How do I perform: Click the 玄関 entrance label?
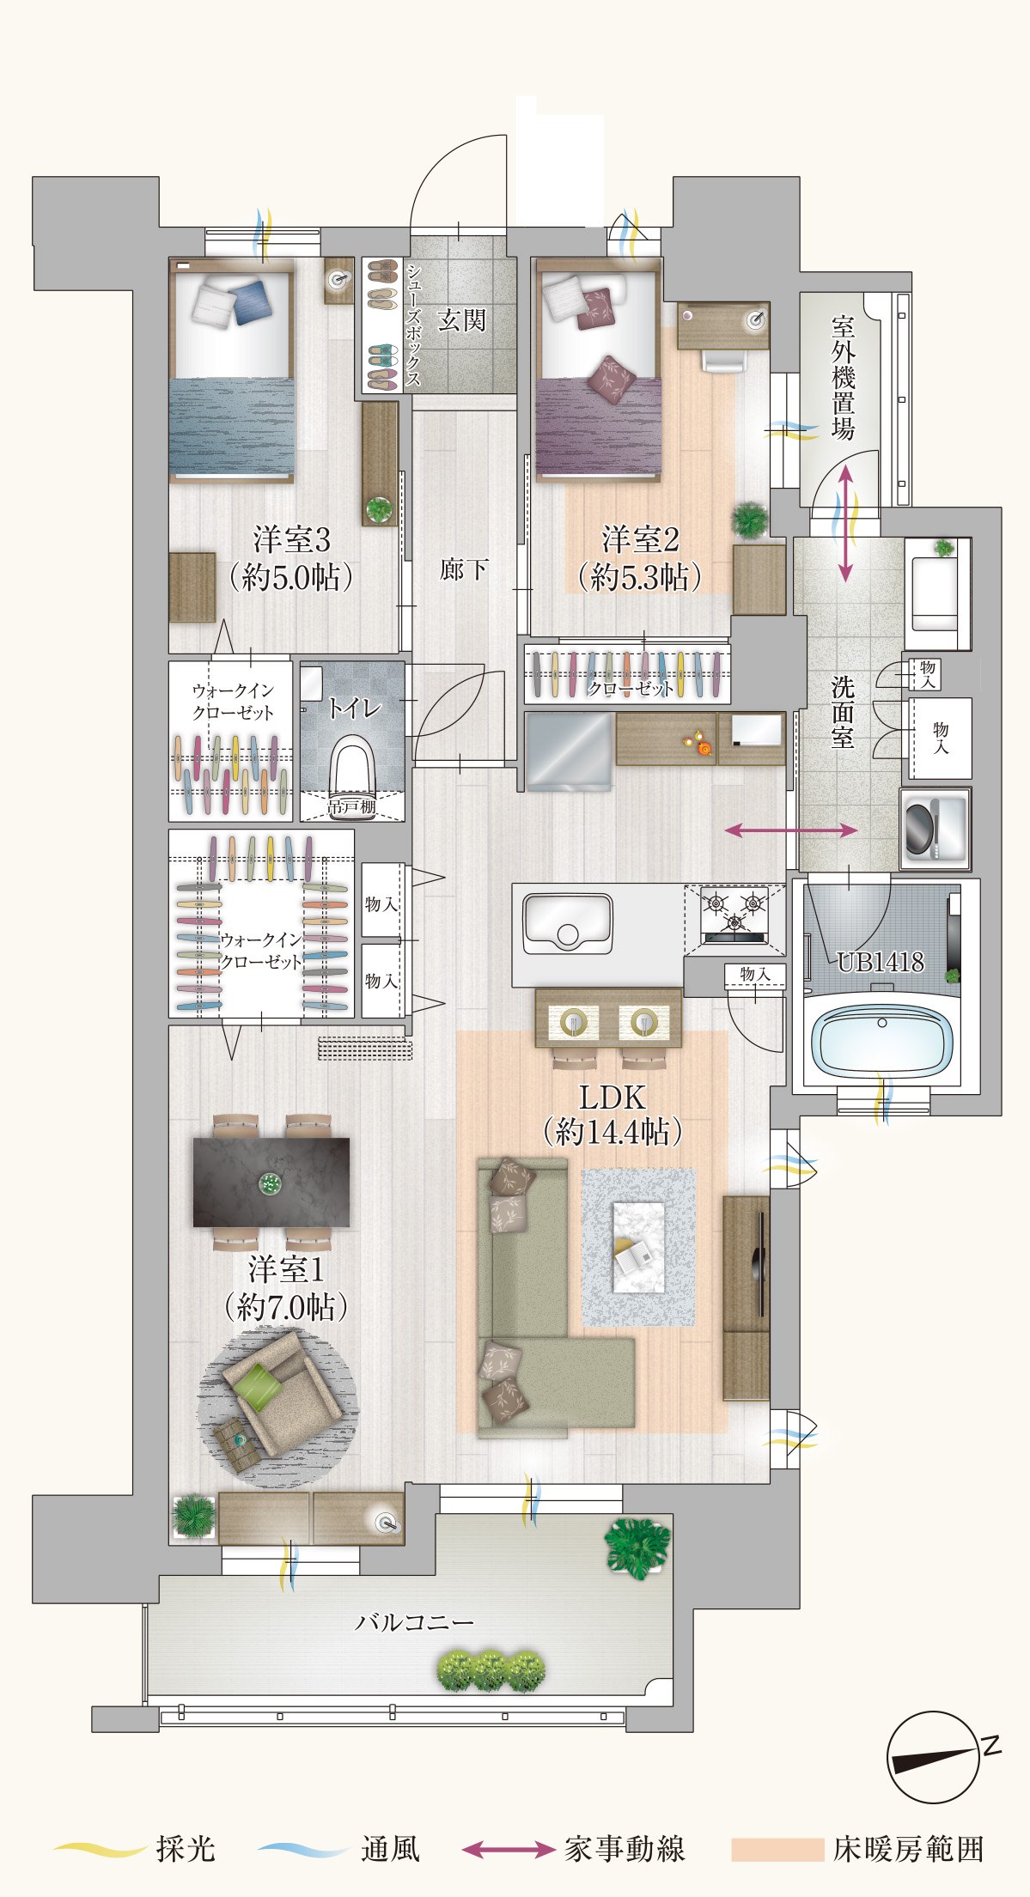point(461,321)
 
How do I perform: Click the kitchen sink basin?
point(567,922)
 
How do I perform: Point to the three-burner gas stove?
point(734,915)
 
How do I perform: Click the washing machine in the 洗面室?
point(935,828)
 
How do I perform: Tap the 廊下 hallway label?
point(464,568)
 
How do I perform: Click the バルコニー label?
point(414,1622)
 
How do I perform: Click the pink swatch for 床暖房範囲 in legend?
point(777,1849)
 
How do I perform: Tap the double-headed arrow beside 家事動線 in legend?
point(509,1849)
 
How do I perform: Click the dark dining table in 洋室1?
point(271,1183)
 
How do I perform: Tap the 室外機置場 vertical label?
point(843,378)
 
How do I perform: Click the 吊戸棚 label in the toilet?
point(352,806)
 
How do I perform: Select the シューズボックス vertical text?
point(413,325)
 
